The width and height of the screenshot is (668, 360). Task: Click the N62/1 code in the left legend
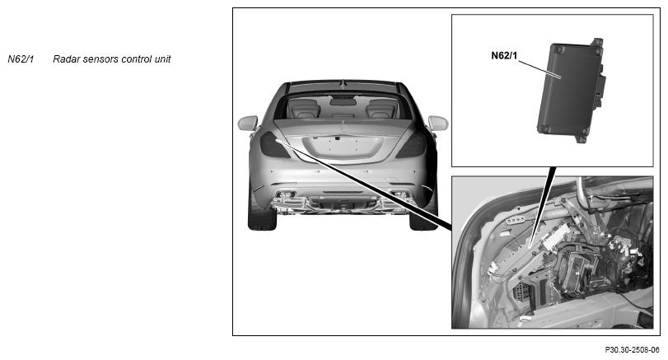[21, 59]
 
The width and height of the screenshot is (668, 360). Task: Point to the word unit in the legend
[162, 59]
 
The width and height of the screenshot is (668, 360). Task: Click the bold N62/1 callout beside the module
[504, 56]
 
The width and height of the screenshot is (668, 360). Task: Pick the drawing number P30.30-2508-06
[632, 350]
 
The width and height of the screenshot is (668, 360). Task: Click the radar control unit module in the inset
[571, 91]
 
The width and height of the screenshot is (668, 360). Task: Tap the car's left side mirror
[248, 123]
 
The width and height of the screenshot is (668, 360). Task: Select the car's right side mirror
[438, 123]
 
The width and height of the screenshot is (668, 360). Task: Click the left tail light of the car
[273, 145]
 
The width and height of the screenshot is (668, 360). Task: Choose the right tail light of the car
[413, 145]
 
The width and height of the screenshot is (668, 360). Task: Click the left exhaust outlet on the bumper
[286, 194]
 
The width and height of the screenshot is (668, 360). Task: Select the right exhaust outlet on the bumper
[399, 194]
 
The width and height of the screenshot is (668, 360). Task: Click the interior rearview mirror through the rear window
[343, 102]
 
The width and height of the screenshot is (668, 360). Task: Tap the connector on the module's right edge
[600, 91]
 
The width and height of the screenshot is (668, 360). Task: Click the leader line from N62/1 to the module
[540, 69]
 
